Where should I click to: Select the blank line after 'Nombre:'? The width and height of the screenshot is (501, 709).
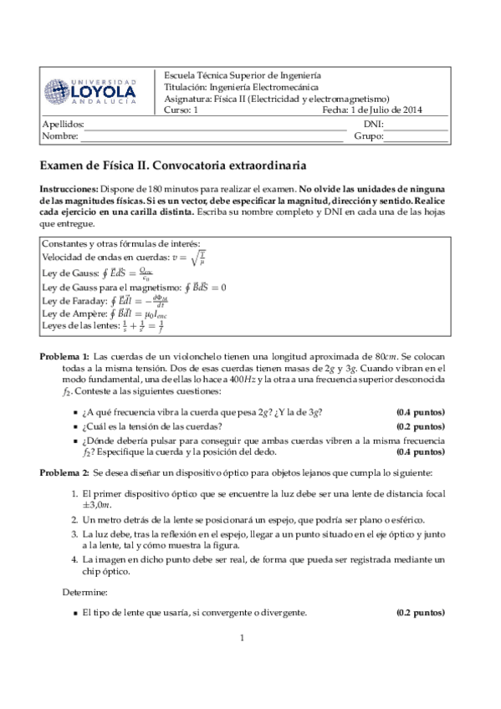click(210, 136)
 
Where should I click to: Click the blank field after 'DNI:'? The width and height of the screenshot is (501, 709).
click(417, 125)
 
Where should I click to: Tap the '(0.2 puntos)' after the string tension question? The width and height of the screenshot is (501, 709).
click(420, 426)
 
